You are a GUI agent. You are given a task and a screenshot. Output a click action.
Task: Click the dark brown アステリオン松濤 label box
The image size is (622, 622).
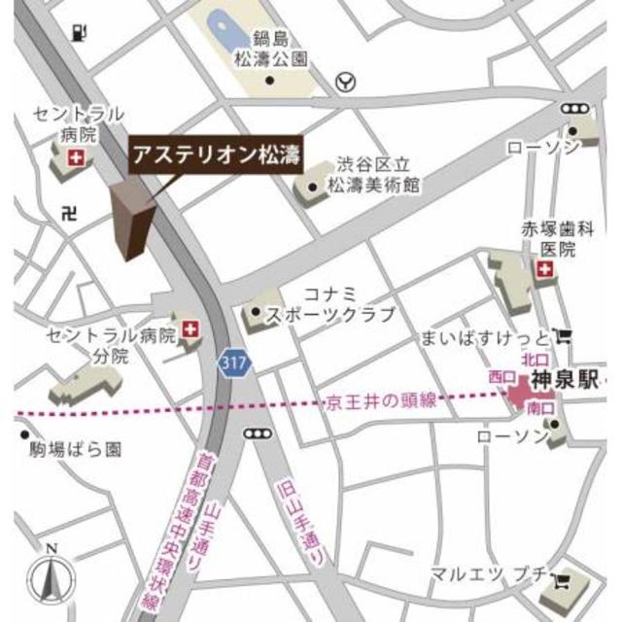pos(215,153)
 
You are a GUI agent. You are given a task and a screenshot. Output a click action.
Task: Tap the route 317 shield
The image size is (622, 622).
pos(233,362)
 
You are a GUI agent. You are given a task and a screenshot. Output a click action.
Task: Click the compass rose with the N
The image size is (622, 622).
pos(52,578)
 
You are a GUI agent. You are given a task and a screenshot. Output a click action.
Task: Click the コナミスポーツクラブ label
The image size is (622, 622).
pos(336,303)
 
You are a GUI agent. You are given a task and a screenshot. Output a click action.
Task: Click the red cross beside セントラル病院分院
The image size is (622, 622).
pos(190,329)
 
